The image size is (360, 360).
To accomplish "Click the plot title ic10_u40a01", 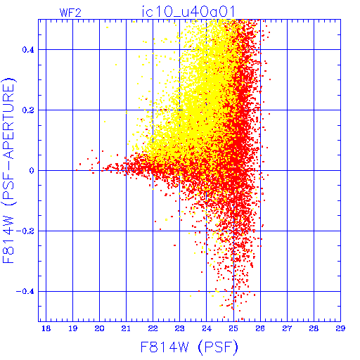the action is [x=188, y=12].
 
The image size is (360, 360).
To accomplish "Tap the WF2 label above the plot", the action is [x=70, y=13].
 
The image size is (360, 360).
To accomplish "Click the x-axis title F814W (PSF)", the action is [x=189, y=347].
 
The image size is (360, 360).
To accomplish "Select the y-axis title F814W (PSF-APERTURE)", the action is [x=9, y=170].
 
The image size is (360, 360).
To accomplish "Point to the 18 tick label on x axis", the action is [x=46, y=328].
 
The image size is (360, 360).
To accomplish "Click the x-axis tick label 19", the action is [x=72, y=328].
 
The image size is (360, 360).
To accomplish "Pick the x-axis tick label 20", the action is [x=99, y=328].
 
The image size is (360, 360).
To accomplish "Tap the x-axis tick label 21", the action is [x=126, y=328].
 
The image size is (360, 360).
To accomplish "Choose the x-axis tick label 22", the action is [x=153, y=328].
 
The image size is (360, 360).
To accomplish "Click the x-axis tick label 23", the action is [x=179, y=328].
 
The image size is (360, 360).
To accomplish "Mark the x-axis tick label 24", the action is [x=207, y=328].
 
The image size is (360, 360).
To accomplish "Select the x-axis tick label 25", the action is [x=233, y=328].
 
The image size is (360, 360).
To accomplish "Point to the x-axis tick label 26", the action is [x=260, y=328].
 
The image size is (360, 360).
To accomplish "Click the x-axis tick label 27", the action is [x=287, y=328].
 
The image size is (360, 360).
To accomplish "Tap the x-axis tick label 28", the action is [x=314, y=328].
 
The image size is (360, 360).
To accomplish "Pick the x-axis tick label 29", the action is [x=340, y=328].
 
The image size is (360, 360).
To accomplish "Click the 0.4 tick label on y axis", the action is [x=28, y=50].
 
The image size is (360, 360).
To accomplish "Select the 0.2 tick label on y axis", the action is [x=28, y=110].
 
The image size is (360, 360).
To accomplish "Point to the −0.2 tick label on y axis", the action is [x=25, y=231].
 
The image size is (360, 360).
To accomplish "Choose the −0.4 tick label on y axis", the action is [x=25, y=292].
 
